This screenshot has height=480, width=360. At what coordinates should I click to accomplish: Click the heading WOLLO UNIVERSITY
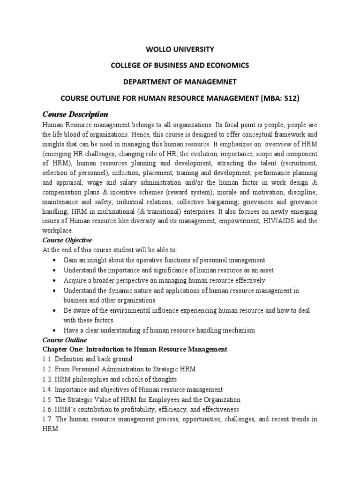(180, 49)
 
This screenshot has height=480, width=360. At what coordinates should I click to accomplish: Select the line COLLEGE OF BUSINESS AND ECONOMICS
(180, 65)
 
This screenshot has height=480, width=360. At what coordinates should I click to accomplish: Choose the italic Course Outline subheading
(65, 340)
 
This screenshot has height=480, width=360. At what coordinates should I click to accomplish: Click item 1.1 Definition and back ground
(88, 359)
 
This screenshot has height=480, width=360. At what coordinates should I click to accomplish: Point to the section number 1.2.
(48, 369)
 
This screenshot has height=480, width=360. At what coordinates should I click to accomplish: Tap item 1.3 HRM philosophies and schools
(110, 379)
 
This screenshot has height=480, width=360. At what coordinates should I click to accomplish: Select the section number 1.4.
(48, 390)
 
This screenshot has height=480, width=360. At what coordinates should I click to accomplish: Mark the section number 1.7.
(48, 419)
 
